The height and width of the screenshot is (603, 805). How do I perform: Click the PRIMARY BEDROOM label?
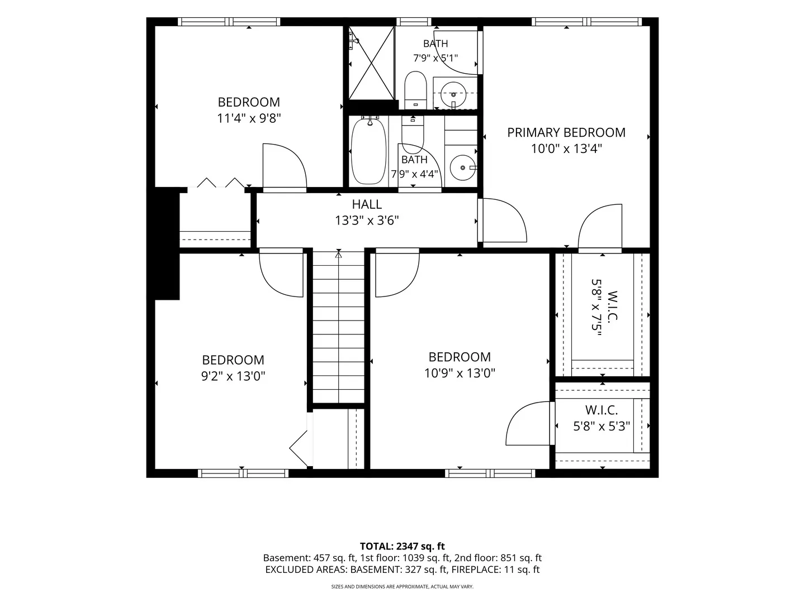tap(566, 132)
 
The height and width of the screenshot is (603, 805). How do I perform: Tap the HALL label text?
tap(367, 204)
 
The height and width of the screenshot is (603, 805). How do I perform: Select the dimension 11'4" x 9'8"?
tap(249, 118)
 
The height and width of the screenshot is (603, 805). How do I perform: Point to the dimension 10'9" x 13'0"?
tap(460, 373)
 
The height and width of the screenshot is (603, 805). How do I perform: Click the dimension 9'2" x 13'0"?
tap(233, 376)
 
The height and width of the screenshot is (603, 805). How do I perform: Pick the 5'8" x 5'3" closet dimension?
tap(602, 426)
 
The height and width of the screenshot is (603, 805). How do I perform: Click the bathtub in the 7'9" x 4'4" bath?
tap(368, 151)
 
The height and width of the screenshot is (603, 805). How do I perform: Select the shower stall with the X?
tap(371, 63)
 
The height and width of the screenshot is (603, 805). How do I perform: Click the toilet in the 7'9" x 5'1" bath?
tap(415, 90)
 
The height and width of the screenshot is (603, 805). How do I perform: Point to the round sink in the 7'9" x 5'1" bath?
tap(453, 94)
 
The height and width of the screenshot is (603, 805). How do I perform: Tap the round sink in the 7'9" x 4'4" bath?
tap(462, 167)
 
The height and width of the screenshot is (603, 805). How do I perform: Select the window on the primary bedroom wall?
tap(587, 22)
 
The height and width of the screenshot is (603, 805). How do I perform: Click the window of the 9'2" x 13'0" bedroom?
tap(243, 473)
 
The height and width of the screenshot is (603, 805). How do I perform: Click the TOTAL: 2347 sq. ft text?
tap(402, 546)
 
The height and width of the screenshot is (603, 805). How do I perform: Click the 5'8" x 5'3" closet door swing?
tap(528, 424)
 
